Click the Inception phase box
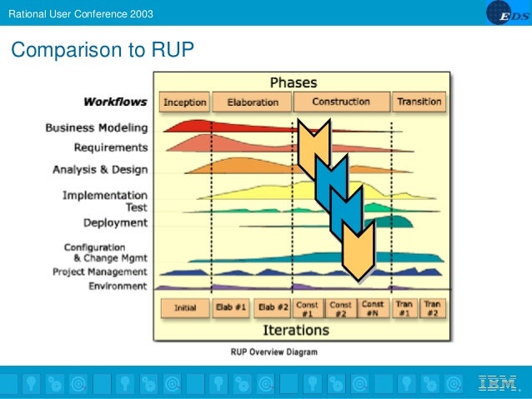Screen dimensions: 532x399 click(184, 102)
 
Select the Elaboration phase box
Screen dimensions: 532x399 click(251, 102)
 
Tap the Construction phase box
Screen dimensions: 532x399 click(341, 102)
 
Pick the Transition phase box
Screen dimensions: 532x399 click(419, 102)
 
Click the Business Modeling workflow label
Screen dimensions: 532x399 click(96, 128)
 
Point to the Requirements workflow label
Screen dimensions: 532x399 click(110, 147)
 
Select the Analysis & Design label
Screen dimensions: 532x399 click(100, 170)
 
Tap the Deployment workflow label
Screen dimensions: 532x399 click(115, 223)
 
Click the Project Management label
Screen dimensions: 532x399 click(99, 272)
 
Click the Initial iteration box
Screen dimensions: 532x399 click(185, 307)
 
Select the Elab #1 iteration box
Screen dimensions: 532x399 click(231, 307)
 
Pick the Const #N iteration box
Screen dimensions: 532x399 click(374, 308)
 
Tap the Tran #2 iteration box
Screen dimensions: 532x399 click(432, 308)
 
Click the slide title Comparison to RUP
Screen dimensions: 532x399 click(102, 51)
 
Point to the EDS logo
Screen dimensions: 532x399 click(504, 13)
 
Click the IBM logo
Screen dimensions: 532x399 click(497, 384)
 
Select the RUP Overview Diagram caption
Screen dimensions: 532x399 click(274, 352)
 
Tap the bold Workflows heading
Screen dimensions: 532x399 click(115, 102)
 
